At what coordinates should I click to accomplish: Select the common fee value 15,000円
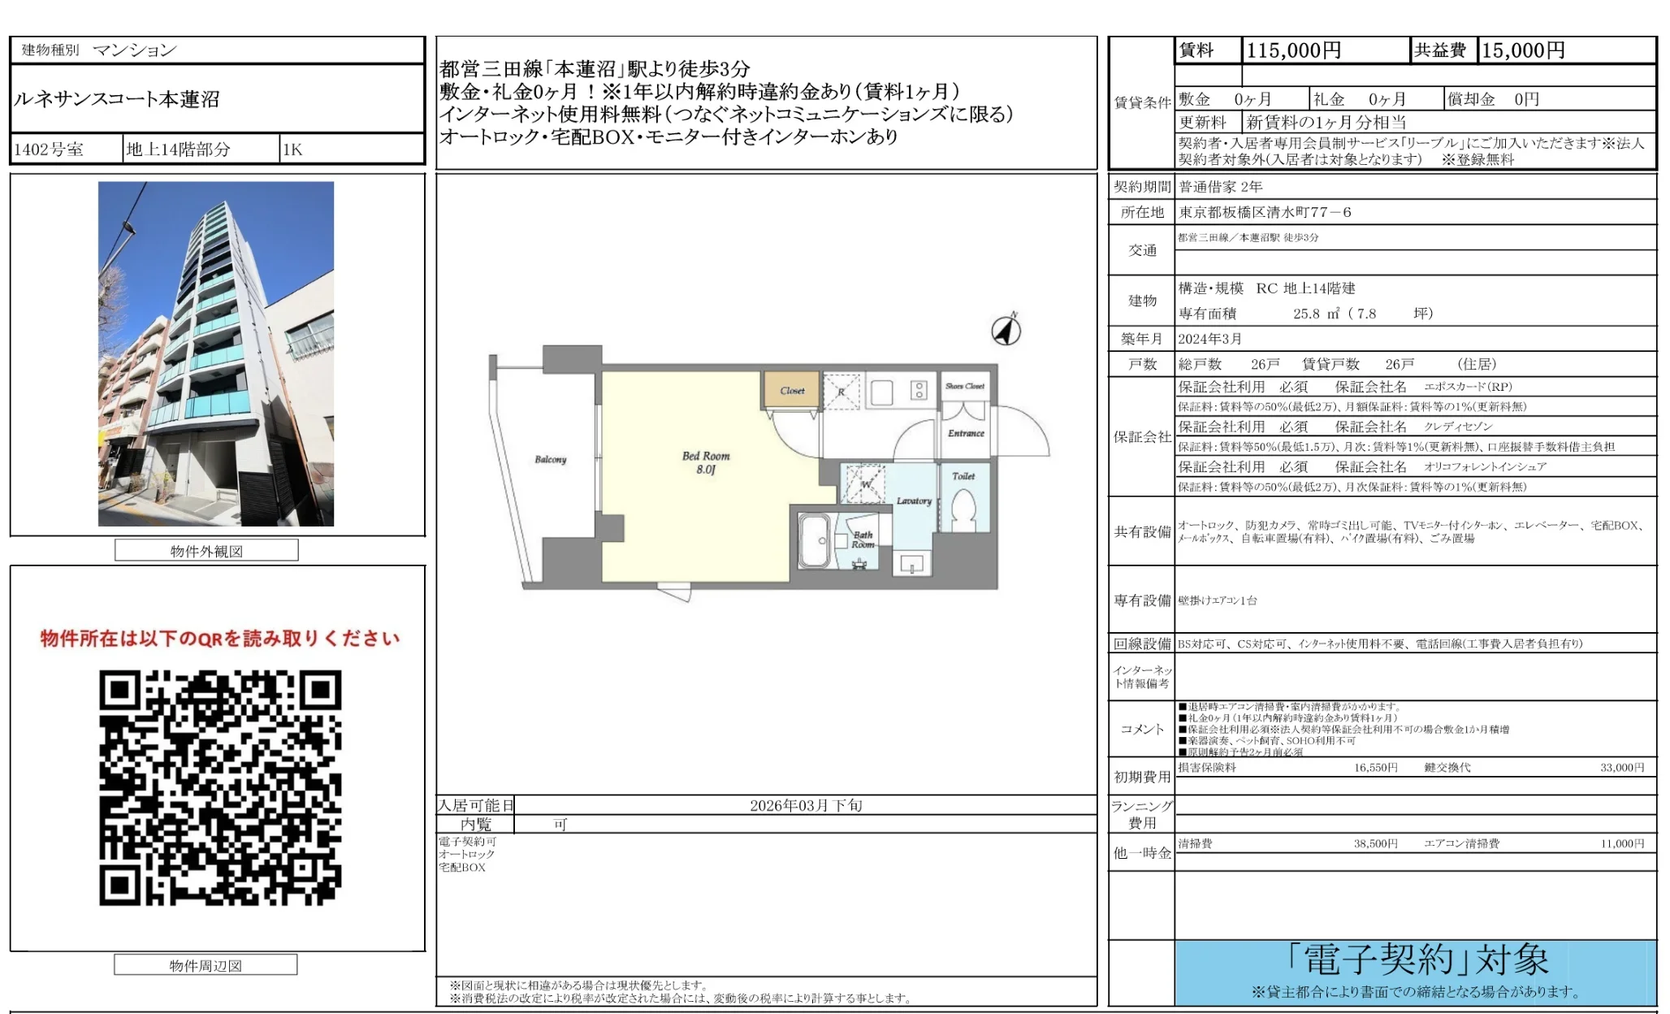pyautogui.click(x=1523, y=50)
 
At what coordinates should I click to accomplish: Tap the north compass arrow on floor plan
pyautogui.click(x=1006, y=330)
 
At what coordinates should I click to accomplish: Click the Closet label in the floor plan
pyautogui.click(x=792, y=391)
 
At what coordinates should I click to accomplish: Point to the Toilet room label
pyautogui.click(x=963, y=476)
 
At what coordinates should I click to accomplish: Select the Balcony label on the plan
pyautogui.click(x=550, y=460)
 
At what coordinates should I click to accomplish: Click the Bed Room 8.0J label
pyautogui.click(x=706, y=462)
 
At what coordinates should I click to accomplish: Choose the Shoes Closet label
pyautogui.click(x=964, y=386)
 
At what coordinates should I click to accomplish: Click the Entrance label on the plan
pyautogui.click(x=966, y=433)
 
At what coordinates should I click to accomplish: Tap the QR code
pyautogui.click(x=220, y=787)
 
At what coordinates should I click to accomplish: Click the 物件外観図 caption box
pyautogui.click(x=206, y=551)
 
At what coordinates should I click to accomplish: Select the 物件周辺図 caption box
pyautogui.click(x=206, y=965)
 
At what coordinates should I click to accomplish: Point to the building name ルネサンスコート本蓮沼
pyautogui.click(x=117, y=99)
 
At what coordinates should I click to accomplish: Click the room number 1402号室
pyautogui.click(x=49, y=149)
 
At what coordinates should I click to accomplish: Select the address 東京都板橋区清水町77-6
pyautogui.click(x=1265, y=212)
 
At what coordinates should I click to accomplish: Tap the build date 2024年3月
pyautogui.click(x=1210, y=339)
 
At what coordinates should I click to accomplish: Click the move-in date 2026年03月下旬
pyautogui.click(x=805, y=805)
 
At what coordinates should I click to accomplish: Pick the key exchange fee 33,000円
pyautogui.click(x=1621, y=767)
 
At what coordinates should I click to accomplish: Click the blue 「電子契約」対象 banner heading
pyautogui.click(x=1417, y=960)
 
